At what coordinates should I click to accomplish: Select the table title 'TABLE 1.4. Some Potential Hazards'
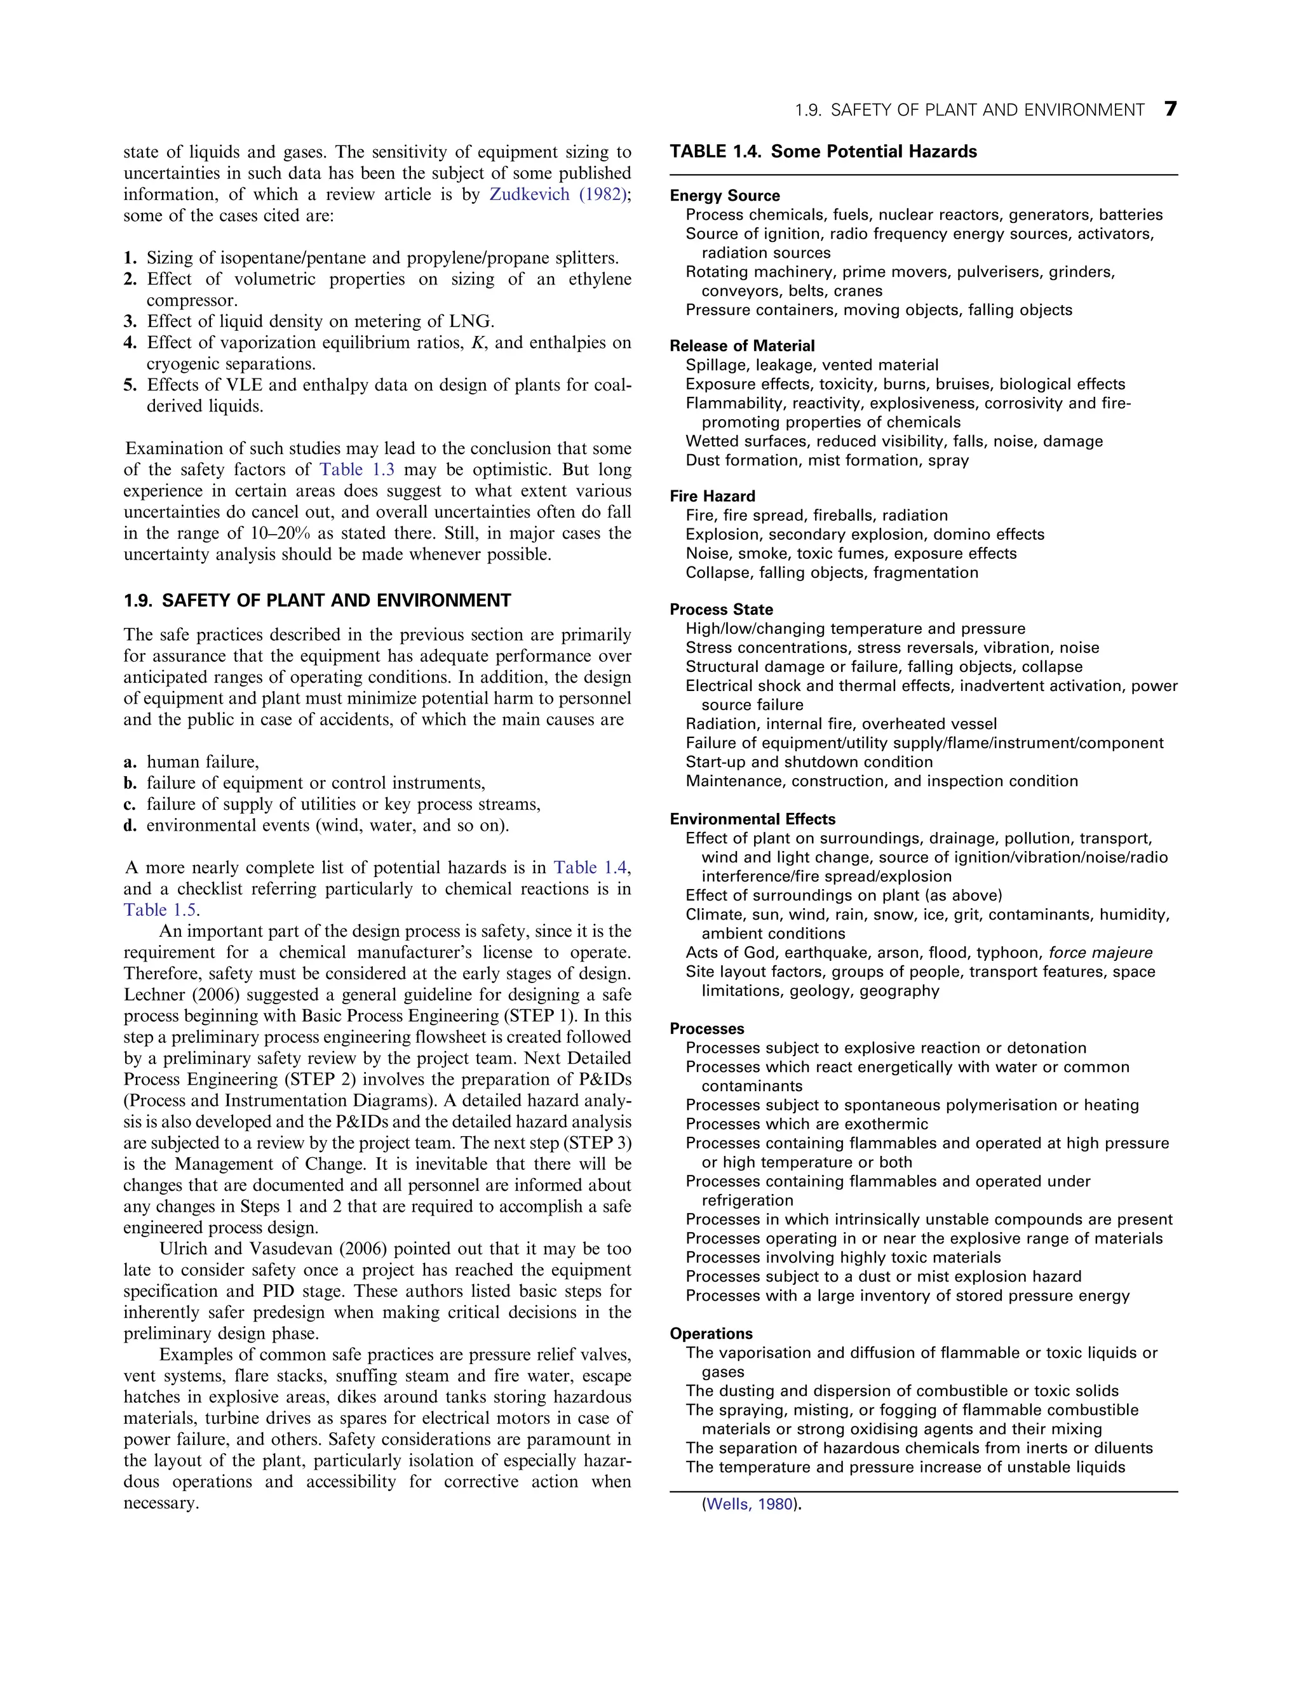click(x=823, y=152)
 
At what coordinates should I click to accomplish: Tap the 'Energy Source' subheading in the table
click(x=724, y=196)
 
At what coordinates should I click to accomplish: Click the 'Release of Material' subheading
click(x=741, y=346)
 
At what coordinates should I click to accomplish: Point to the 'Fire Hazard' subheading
click(x=712, y=496)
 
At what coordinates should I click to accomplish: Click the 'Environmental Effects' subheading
click(x=752, y=819)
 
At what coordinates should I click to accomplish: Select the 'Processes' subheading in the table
click(x=707, y=1029)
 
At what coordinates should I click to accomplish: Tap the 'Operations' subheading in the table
click(x=711, y=1334)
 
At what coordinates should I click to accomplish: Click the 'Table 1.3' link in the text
click(x=357, y=470)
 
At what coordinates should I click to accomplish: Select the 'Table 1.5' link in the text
click(x=159, y=910)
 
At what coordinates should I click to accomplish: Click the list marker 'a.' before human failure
click(x=130, y=762)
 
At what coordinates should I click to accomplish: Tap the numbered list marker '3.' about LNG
click(x=130, y=321)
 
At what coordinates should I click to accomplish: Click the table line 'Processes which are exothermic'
click(x=806, y=1124)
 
